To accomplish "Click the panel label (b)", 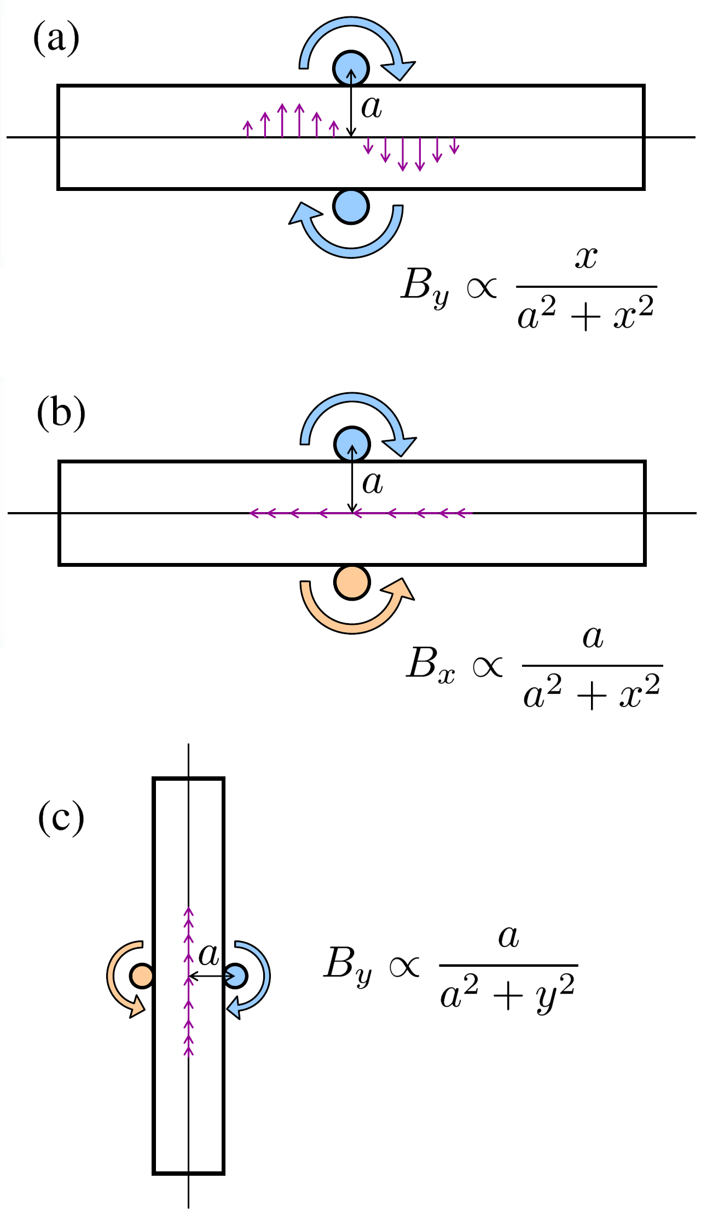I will click(61, 413).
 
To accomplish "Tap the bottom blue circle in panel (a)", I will click(351, 206).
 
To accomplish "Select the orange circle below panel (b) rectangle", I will click(352, 582).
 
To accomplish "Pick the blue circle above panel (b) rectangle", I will click(352, 444).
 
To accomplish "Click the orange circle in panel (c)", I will click(142, 976).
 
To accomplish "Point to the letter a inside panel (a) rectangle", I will click(372, 107).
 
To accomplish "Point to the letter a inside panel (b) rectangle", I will click(373, 483).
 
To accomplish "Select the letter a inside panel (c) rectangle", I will click(208, 955).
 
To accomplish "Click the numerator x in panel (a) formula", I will click(586, 257).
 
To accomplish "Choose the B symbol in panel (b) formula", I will click(421, 663).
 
